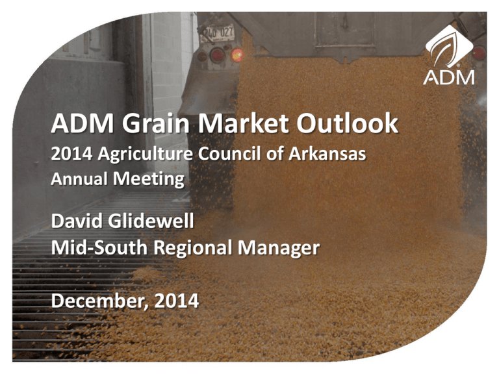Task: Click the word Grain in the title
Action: pos(156,124)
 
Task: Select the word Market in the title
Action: pos(244,124)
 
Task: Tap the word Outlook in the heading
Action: pos(347,124)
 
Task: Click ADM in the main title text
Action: pos(83,124)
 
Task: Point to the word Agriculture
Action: pos(145,155)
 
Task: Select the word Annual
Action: pos(79,179)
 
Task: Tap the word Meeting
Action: pos(149,179)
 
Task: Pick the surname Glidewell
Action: pos(151,221)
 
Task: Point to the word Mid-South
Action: pos(99,247)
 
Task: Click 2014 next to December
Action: pos(177,301)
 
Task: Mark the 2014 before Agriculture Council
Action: pos(71,154)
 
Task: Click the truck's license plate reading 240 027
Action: pos(218,33)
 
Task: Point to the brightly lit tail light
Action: pos(237,55)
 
